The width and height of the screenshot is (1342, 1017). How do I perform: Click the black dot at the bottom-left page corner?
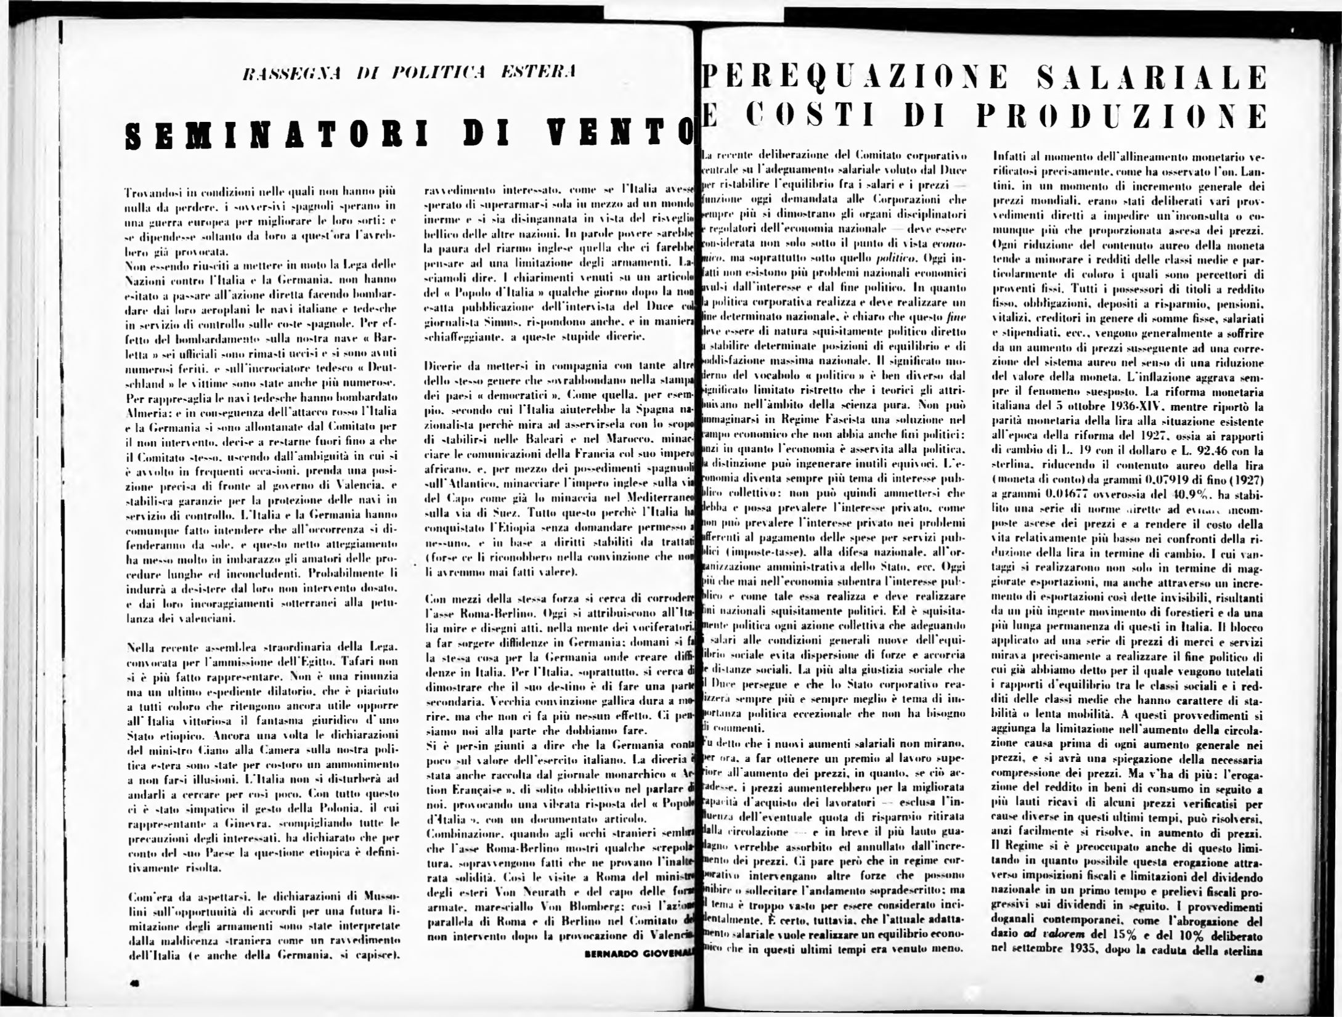tap(134, 984)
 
